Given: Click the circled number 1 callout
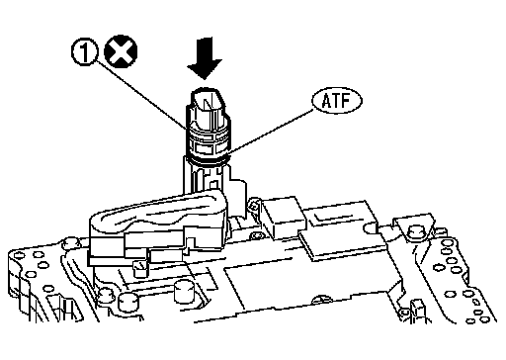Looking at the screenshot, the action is click(85, 52).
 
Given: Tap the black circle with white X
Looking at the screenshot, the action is click(121, 51).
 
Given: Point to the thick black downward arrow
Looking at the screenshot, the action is click(205, 58).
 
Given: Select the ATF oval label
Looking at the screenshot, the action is click(337, 101).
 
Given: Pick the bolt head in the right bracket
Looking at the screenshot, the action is click(416, 233).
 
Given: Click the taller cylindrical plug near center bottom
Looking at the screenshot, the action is click(183, 292).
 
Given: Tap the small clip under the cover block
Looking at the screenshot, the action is click(140, 268).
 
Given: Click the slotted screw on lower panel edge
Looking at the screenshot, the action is click(320, 300).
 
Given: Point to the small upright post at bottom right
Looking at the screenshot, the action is click(418, 309).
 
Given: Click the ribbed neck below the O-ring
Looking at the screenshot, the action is click(205, 177).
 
